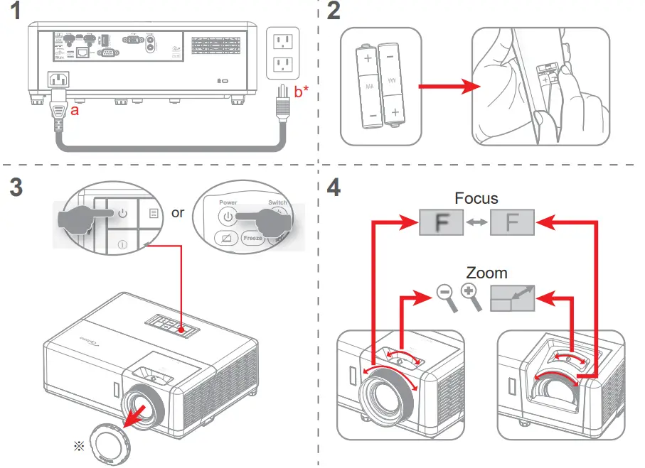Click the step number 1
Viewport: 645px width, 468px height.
[16, 14]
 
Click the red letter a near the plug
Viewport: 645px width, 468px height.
[75, 111]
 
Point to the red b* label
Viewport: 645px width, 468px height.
[301, 90]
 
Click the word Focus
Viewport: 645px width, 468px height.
[476, 200]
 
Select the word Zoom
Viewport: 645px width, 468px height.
[486, 273]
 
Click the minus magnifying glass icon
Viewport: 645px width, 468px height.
[445, 296]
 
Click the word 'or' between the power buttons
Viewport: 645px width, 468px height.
[178, 212]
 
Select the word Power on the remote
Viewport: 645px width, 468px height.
[228, 202]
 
